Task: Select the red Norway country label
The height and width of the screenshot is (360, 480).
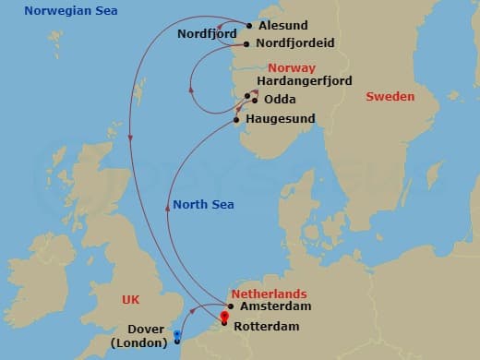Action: click(x=292, y=68)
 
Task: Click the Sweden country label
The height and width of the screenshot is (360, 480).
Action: click(x=390, y=96)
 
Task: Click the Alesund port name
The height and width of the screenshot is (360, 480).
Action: click(x=283, y=26)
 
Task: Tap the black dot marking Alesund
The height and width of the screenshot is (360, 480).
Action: click(x=248, y=26)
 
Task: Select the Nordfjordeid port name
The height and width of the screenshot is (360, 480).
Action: click(x=295, y=42)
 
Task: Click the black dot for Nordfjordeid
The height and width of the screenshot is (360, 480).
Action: click(x=246, y=42)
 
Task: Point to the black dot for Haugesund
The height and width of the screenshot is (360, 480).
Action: click(x=237, y=119)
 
